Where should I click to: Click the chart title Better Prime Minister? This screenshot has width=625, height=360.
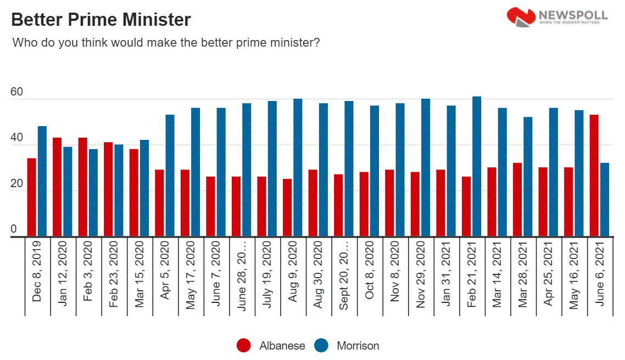pyautogui.click(x=101, y=20)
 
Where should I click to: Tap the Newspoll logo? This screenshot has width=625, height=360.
pyautogui.click(x=557, y=16)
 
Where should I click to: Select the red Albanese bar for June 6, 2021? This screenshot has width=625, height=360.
pyautogui.click(x=594, y=176)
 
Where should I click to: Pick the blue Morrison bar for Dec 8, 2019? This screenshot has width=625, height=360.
pyautogui.click(x=42, y=182)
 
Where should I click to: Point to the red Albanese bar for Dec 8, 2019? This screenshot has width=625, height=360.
pyautogui.click(x=32, y=198)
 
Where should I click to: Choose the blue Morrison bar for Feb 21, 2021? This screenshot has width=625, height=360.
pyautogui.click(x=477, y=167)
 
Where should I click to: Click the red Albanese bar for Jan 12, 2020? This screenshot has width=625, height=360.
pyautogui.click(x=57, y=187)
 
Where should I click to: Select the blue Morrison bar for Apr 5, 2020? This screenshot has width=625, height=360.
pyautogui.click(x=170, y=176)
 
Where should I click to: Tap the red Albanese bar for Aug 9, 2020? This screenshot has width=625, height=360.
pyautogui.click(x=287, y=208)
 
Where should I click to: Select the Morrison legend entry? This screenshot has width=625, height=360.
pyautogui.click(x=347, y=346)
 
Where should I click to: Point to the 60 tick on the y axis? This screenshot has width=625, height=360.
pyautogui.click(x=17, y=92)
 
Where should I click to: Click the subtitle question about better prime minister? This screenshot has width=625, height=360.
pyautogui.click(x=166, y=42)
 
